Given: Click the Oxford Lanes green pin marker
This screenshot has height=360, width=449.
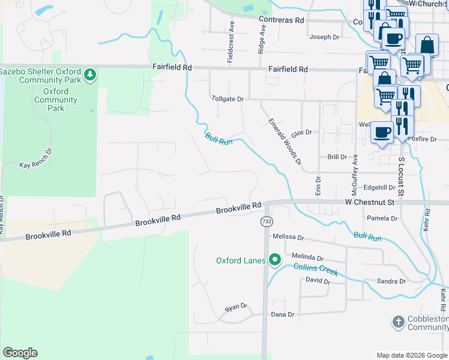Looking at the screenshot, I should point(275,260).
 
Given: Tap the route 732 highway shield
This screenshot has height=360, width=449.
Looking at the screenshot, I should point(267,222).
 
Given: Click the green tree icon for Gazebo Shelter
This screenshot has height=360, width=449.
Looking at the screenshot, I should point(90,74).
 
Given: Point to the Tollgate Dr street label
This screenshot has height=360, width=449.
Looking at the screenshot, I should point(228,98).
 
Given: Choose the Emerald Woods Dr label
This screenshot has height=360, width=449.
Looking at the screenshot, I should point(284,141).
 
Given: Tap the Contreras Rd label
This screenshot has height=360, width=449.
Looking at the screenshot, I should point(282,20).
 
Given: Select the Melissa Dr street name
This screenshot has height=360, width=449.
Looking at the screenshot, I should point(288,237).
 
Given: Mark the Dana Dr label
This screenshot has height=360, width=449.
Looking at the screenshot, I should point(283,314).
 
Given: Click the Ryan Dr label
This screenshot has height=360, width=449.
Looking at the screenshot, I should point(236,307).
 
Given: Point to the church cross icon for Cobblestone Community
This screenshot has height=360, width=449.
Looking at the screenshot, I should point(397,322).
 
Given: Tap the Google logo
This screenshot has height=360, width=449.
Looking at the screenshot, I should point(20,353).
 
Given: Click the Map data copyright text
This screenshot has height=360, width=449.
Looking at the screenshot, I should point(411,355).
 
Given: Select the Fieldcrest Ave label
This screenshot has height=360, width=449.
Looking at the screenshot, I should point(231,41).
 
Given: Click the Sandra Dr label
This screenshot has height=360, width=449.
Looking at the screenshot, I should point(391,281).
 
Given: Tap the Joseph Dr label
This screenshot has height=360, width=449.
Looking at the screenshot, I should point(324,37).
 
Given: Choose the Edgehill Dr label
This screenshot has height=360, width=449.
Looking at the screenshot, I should point(379,187).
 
